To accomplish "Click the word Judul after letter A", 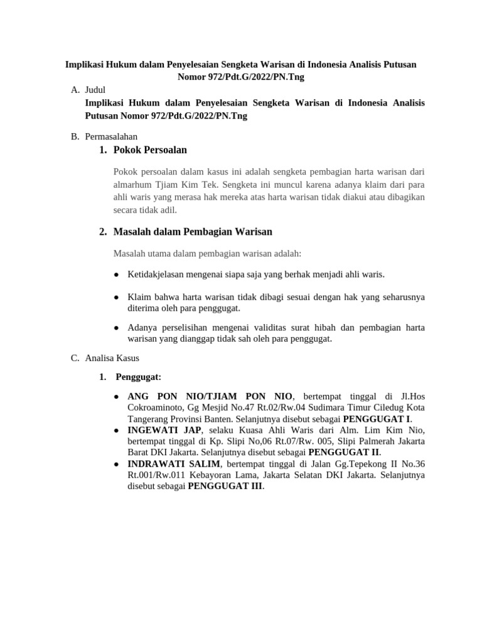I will point(96,90).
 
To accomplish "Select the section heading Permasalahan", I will point(111,136).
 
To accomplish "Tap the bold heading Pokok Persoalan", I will point(150,150).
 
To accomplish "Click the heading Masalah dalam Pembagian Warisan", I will point(193,232).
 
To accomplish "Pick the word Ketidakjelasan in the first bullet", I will point(158,274).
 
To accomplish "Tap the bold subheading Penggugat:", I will point(139,377).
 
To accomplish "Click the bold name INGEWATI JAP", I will point(164,430).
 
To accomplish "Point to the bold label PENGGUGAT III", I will point(225,487).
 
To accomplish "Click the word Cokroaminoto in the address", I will point(156,408).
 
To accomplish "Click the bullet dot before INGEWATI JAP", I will point(117,431).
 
